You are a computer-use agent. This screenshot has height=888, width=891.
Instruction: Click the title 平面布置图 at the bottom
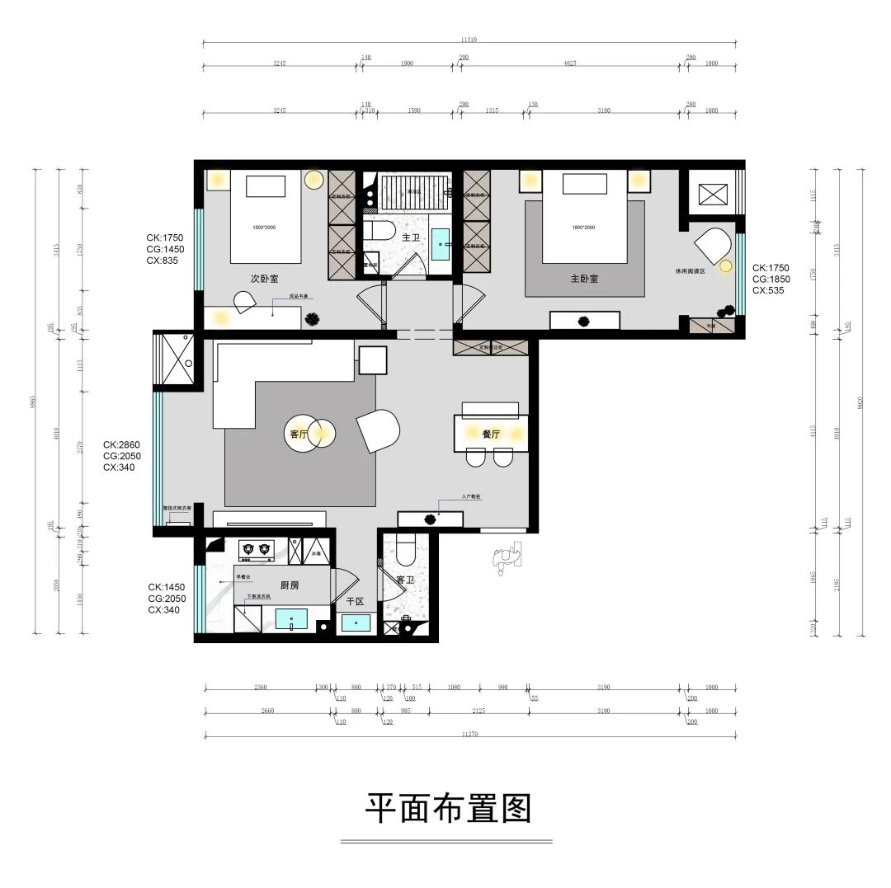click(448, 809)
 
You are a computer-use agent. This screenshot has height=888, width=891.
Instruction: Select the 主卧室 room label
click(583, 279)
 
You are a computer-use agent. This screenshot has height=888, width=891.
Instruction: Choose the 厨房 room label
click(289, 585)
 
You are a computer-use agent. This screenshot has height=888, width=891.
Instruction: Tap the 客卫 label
click(403, 580)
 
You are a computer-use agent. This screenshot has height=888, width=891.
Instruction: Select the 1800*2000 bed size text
click(583, 226)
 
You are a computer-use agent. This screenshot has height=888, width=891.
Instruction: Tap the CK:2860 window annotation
click(120, 444)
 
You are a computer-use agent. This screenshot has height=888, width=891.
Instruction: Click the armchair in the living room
click(379, 430)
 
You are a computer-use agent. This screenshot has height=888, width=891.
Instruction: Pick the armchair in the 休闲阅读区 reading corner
click(713, 247)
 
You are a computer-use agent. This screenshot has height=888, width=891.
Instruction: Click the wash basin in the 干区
click(356, 623)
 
